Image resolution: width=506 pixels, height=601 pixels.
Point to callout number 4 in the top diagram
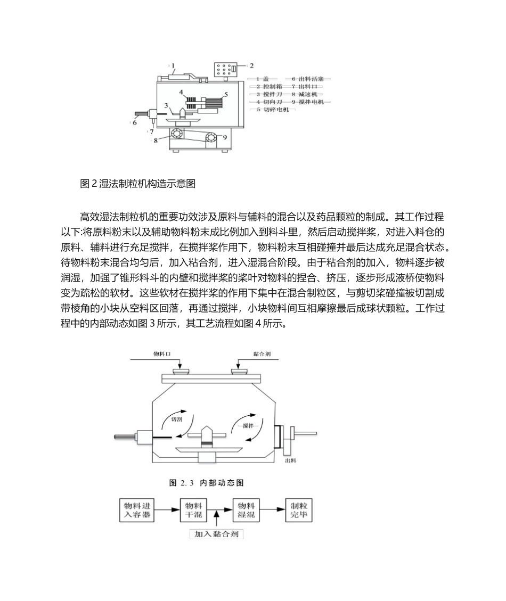(x=181, y=92)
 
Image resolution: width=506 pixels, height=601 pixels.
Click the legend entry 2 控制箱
(x=268, y=86)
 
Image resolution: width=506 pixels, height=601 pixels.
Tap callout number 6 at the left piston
(x=135, y=122)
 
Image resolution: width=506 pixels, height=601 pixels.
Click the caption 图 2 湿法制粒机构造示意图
(x=137, y=184)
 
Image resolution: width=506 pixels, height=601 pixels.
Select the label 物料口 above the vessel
(x=161, y=353)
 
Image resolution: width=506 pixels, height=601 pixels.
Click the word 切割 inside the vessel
(x=176, y=419)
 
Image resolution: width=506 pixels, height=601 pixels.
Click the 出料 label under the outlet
(x=291, y=460)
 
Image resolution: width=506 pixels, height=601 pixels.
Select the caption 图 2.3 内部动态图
(x=206, y=483)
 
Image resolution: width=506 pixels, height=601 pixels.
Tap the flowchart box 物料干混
(x=193, y=509)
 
